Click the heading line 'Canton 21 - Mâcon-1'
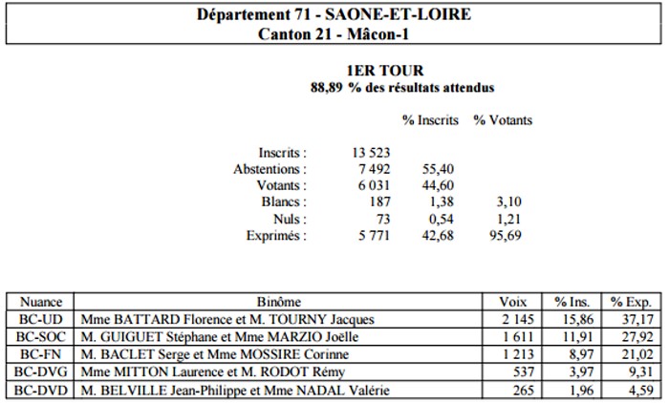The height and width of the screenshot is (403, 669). (x=334, y=33)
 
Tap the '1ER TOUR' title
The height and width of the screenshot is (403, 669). (x=385, y=71)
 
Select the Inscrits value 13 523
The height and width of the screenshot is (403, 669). (x=371, y=153)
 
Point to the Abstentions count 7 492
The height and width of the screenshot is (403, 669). (x=375, y=169)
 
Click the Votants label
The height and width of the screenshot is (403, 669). (x=281, y=185)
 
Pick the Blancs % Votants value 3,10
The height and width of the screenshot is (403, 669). (x=508, y=201)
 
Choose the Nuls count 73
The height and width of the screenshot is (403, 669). (x=382, y=219)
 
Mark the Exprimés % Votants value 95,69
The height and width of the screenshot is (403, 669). (x=506, y=236)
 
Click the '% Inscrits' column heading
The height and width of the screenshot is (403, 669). (x=430, y=120)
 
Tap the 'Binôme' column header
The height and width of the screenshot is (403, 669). (x=278, y=302)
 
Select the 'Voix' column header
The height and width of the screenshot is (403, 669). (x=512, y=302)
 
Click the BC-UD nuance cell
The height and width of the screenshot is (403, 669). (x=40, y=319)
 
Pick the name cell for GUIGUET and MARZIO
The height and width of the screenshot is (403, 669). (x=278, y=336)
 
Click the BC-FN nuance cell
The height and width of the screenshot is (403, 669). (x=40, y=354)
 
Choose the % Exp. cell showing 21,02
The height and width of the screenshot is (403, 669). (x=632, y=354)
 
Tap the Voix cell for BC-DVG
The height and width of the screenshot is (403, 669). (x=512, y=371)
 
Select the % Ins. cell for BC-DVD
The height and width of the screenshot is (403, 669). (x=572, y=390)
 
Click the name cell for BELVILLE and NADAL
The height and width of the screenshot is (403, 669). (x=278, y=390)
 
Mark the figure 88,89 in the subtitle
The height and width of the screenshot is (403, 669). (x=327, y=88)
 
